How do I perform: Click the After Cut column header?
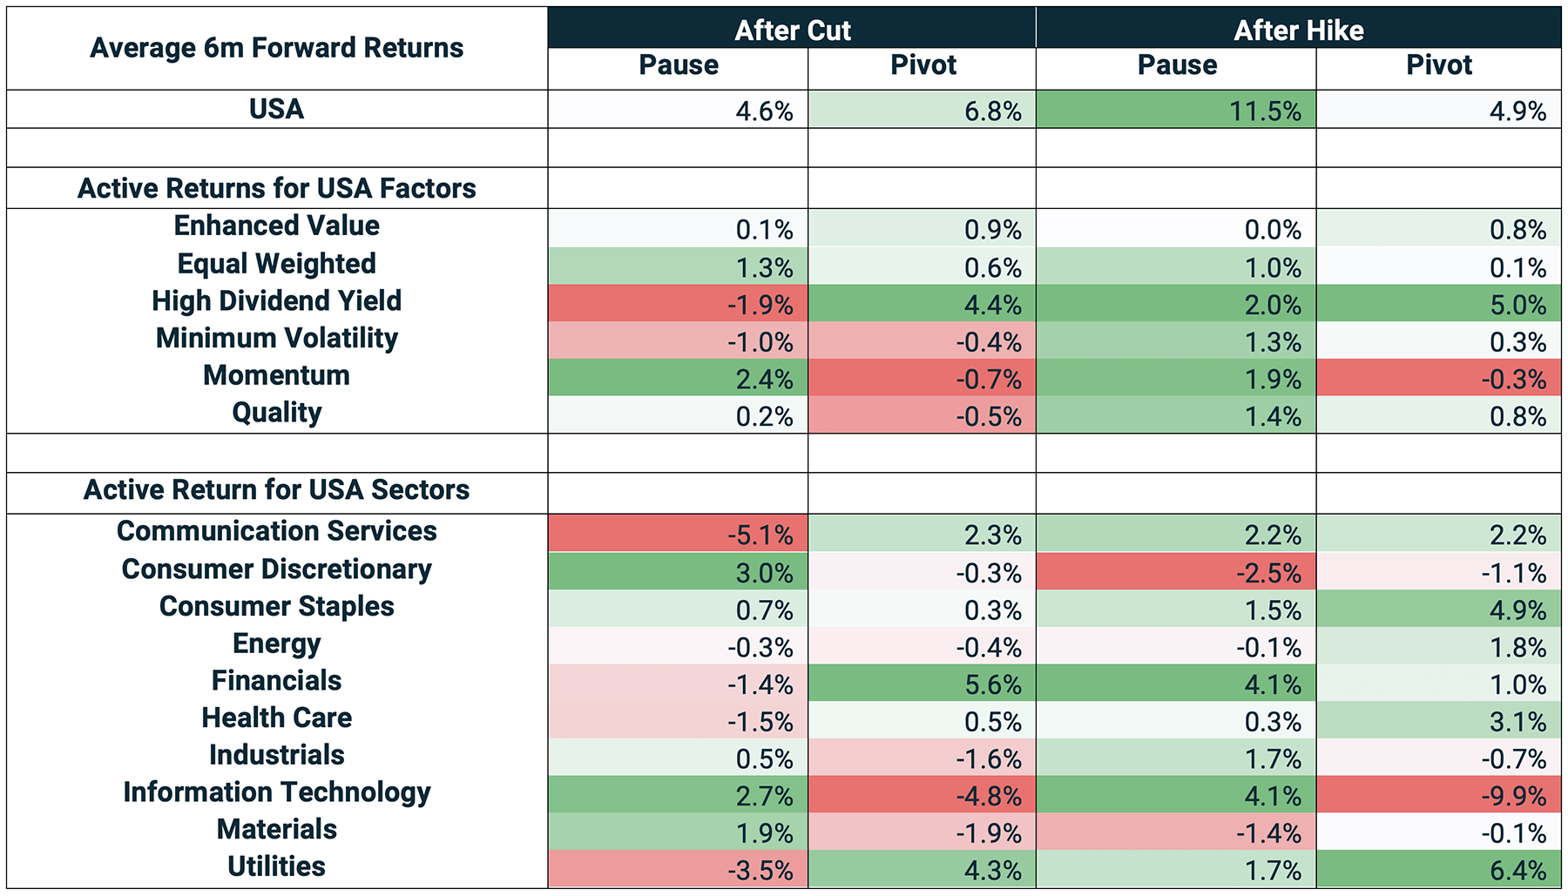(x=792, y=30)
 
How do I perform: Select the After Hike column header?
(x=1298, y=30)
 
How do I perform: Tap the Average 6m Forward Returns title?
(x=277, y=48)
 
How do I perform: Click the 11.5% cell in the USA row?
(x=1176, y=110)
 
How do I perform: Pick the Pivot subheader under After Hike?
(x=1439, y=65)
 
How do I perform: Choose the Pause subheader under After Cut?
(x=679, y=65)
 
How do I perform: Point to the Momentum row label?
(x=277, y=375)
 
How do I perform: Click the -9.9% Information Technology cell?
(x=1438, y=795)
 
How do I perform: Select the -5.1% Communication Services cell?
(x=679, y=533)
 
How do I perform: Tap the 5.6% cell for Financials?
(x=923, y=684)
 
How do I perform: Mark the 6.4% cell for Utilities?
(x=1438, y=869)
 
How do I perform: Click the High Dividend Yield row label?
(x=277, y=301)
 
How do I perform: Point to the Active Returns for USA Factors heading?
(x=277, y=188)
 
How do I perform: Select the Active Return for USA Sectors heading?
(x=277, y=489)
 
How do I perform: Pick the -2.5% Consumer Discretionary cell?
(x=1176, y=571)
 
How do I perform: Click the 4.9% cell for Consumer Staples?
(x=1438, y=609)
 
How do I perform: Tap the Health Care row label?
(x=277, y=717)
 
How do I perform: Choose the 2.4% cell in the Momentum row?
(x=679, y=378)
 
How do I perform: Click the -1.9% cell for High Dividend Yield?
(x=679, y=304)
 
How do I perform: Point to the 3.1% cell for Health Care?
(x=1438, y=720)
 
